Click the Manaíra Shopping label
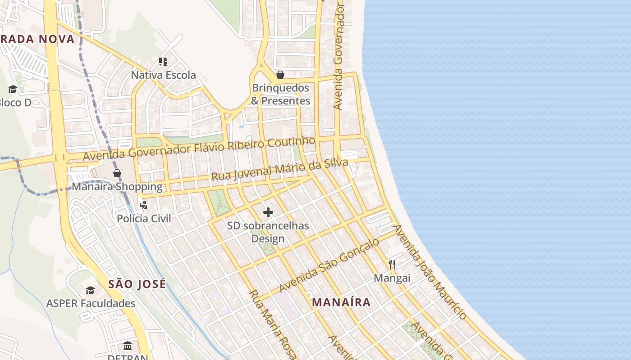[x=117, y=186]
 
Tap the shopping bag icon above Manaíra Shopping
[x=117, y=173]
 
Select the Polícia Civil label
[x=144, y=219]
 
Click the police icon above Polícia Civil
[x=144, y=205]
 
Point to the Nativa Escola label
[x=163, y=75]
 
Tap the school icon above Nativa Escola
[x=163, y=62]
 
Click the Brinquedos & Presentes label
[x=280, y=94]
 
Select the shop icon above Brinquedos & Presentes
[x=280, y=75]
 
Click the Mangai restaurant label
[x=392, y=278]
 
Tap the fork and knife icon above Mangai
[x=392, y=265]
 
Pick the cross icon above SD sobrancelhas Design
[x=268, y=212]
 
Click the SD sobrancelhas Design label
[x=268, y=232]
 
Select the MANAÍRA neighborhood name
[x=341, y=302]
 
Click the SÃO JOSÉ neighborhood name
[x=137, y=284]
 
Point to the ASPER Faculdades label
[x=91, y=303]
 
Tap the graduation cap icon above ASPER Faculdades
[x=91, y=290]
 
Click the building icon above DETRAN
[x=128, y=346]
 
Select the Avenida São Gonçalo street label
[x=329, y=265]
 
